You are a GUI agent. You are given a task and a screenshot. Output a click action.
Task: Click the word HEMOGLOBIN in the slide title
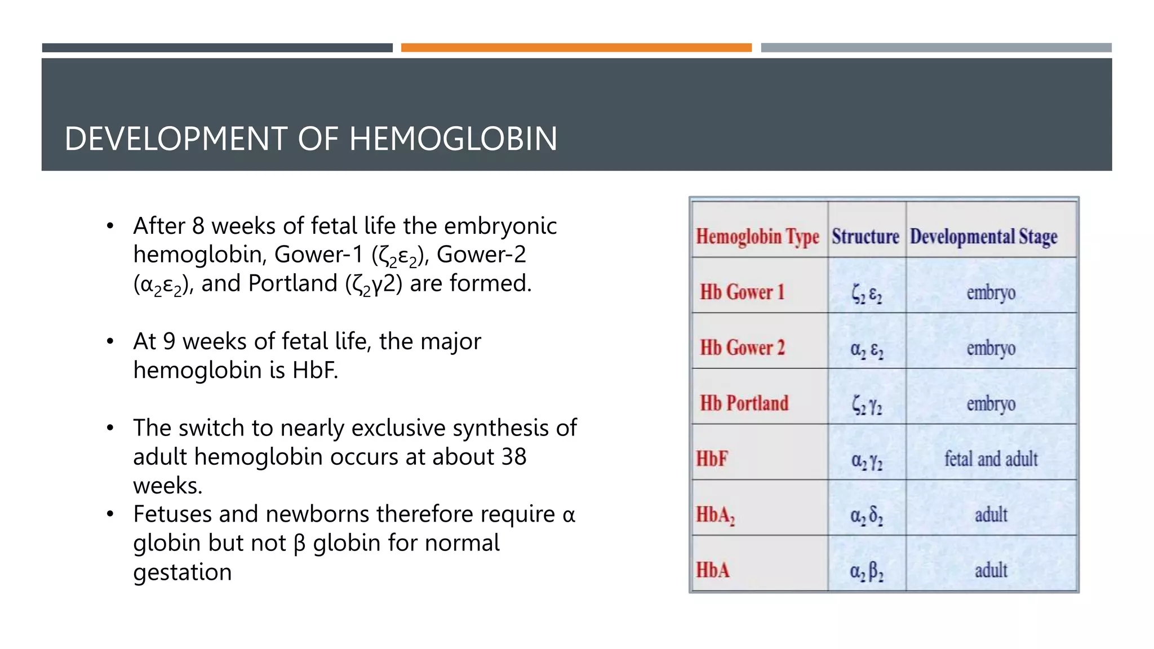453,139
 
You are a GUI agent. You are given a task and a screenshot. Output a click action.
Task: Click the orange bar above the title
576,48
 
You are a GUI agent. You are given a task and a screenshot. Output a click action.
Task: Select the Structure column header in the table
865,236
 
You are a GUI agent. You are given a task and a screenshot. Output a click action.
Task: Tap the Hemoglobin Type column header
757,237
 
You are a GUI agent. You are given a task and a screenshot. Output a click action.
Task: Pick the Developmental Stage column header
983,237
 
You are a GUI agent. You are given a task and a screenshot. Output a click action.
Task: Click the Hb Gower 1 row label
742,292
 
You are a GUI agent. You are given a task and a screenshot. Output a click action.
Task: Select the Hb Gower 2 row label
742,348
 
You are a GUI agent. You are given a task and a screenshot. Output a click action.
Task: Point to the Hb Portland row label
744,403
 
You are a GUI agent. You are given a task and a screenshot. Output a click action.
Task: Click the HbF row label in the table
712,459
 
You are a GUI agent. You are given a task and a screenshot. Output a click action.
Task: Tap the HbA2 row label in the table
715,515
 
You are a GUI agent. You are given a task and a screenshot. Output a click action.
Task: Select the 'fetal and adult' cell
991,459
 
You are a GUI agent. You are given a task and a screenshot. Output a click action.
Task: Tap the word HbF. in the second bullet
315,370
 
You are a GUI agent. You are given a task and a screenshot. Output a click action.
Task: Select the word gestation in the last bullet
182,572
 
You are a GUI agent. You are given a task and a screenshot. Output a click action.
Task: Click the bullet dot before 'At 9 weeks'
110,341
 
